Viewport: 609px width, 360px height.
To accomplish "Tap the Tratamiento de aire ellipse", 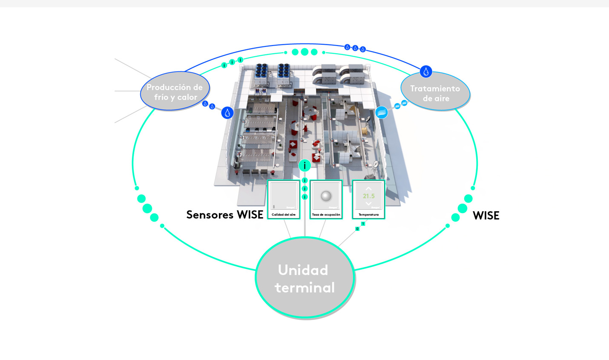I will point(435,92).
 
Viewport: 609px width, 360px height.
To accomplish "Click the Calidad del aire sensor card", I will point(284,199).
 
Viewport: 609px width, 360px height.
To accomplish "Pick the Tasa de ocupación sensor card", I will point(326,199).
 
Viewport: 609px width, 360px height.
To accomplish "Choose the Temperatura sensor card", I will point(368,199).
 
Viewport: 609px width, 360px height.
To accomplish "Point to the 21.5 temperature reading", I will point(369,196).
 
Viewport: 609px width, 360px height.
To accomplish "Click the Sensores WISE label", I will point(225,215).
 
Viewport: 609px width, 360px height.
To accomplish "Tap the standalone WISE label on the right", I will point(486,216).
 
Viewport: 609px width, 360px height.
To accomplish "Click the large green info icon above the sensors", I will point(304,165).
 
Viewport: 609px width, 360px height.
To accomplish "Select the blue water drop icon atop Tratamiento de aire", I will point(426,72).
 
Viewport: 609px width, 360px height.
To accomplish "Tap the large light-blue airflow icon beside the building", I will point(382,112).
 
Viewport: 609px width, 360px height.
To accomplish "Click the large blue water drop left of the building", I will point(227,113).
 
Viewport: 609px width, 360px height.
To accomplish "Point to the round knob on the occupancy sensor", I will point(326,196).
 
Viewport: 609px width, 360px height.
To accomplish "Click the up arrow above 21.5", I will point(368,188).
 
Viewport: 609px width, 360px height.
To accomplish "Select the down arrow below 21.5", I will point(368,204).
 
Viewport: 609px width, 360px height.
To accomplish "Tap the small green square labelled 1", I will point(363,224).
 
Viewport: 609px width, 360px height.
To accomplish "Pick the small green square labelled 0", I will point(357,229).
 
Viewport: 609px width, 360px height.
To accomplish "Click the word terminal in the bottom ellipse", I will point(305,288).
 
